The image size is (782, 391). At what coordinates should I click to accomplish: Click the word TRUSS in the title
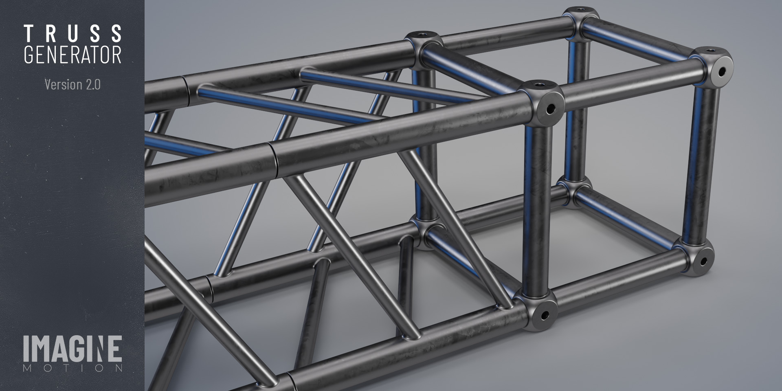[x=73, y=33]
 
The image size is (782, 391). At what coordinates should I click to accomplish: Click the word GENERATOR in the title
[x=73, y=55]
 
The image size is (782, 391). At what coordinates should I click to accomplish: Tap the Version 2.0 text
[x=72, y=84]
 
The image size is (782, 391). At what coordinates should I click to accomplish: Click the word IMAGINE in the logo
[x=72, y=349]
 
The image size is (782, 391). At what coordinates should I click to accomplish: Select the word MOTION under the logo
[x=72, y=369]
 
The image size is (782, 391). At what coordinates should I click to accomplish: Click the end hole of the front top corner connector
[x=550, y=109]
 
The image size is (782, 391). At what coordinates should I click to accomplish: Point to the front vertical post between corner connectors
[x=538, y=204]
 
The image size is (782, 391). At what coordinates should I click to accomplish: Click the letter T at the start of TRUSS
[x=29, y=33]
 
